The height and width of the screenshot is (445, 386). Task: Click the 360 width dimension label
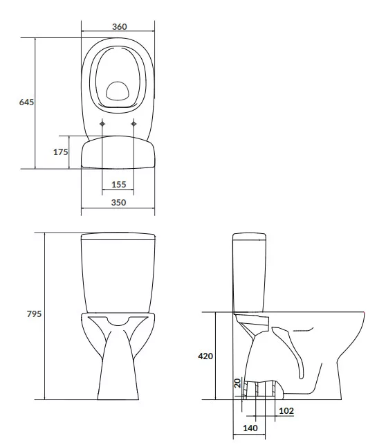tap(120, 27)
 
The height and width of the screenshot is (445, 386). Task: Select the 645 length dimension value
tap(26, 102)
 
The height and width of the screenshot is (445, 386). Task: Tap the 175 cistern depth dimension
tap(61, 152)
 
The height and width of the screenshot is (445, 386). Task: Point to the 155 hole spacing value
tap(118, 185)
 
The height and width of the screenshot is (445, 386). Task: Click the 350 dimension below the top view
tap(118, 202)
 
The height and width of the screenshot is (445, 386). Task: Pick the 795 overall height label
tap(34, 314)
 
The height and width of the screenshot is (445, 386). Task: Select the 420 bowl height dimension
tap(205, 356)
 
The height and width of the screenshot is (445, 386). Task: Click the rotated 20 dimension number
tap(238, 383)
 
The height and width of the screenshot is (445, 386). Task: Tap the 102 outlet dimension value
tap(286, 410)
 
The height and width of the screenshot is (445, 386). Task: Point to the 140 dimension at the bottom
tap(250, 428)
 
